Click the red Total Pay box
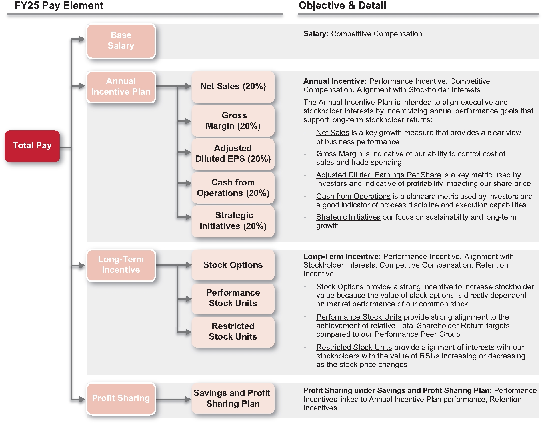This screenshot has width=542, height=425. pos(32,146)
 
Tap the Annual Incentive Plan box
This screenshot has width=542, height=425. pos(121,87)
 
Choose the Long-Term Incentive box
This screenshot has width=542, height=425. pos(121,265)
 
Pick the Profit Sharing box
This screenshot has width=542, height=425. pos(121,398)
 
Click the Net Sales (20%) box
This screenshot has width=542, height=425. pos(233,87)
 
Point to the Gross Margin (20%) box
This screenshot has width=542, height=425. pos(233,121)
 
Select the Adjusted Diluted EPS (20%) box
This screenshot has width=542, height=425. pos(233,154)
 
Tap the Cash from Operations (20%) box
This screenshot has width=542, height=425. pos(233,188)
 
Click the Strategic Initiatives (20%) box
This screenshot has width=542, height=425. pos(233,221)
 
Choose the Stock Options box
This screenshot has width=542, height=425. pos(233,265)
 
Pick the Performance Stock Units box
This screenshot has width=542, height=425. pos(233,298)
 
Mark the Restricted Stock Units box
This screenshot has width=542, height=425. pos(233,332)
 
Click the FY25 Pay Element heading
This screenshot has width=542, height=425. pos(59,6)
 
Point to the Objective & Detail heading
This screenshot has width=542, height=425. pos(342,6)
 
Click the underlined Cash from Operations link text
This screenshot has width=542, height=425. pos(353,197)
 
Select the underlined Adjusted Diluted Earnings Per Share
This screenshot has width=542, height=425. pos(378,175)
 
